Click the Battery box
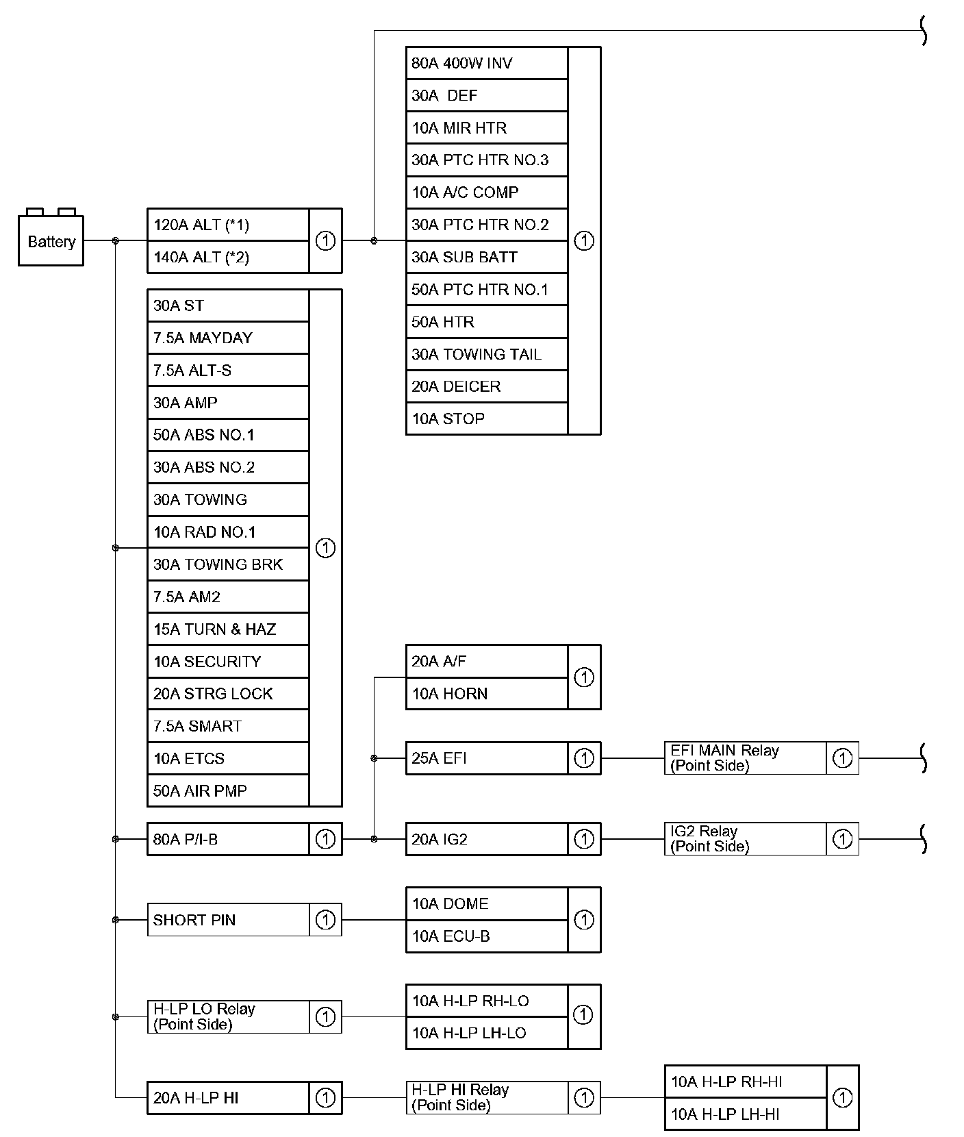click(51, 240)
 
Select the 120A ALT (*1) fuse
click(228, 225)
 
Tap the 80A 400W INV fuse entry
click(486, 63)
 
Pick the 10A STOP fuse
click(486, 418)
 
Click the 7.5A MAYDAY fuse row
click(228, 338)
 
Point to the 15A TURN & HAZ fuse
click(228, 629)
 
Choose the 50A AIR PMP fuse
click(228, 790)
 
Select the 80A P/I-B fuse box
click(228, 839)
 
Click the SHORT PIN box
click(228, 920)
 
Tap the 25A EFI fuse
click(486, 758)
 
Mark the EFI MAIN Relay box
click(745, 758)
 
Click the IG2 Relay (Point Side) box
click(745, 839)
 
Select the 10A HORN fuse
click(486, 693)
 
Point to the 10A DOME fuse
click(486, 903)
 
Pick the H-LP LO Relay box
click(228, 1016)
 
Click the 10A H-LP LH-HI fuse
click(745, 1114)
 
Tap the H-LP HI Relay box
click(486, 1097)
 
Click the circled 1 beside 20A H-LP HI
click(325, 1098)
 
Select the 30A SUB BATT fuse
click(486, 257)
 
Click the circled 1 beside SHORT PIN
click(325, 920)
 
